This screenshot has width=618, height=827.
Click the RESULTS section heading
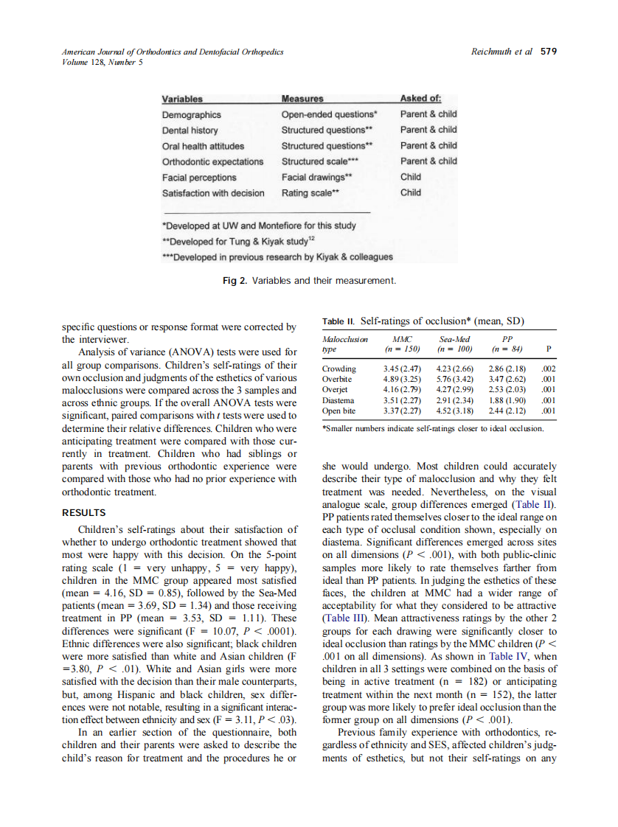[x=83, y=512]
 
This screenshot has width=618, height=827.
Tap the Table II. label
[x=338, y=321]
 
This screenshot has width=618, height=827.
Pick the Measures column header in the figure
[x=302, y=99]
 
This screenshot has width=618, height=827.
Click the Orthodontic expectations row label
[x=212, y=161]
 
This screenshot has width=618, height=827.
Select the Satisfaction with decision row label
[x=212, y=193]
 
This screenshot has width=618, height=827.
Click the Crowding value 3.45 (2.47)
[x=402, y=369]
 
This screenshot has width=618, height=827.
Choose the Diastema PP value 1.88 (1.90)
[x=506, y=400]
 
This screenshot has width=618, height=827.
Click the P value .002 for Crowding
[x=547, y=369]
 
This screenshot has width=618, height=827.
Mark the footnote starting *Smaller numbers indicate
[x=433, y=428]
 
